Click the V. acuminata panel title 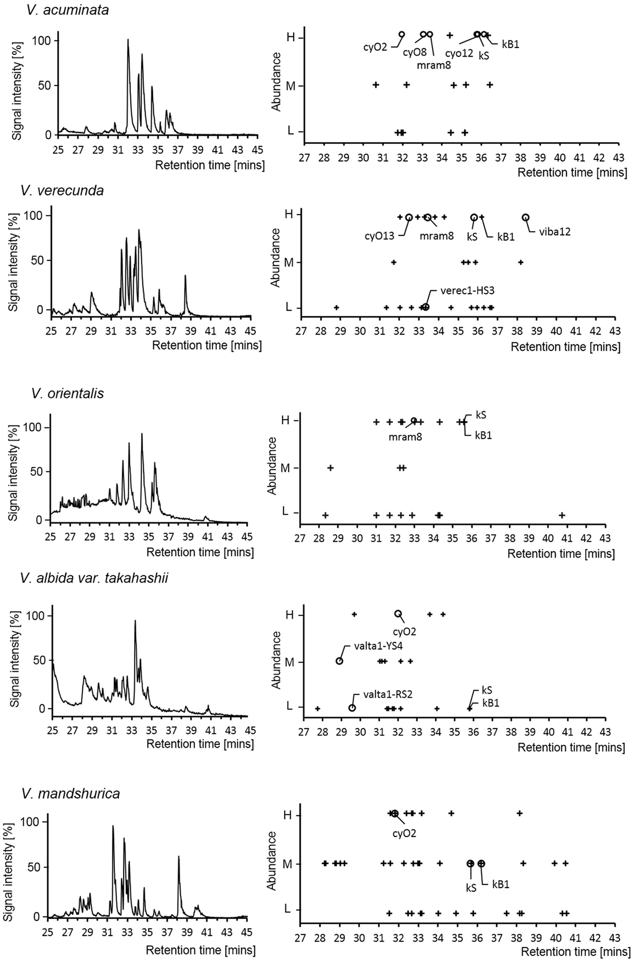[x=67, y=10]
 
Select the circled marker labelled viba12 [x=526, y=217]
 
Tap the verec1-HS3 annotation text [x=467, y=290]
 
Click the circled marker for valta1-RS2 [x=352, y=708]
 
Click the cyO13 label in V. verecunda [x=379, y=236]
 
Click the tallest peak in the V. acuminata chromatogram [x=128, y=40]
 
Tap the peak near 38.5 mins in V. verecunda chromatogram [x=185, y=276]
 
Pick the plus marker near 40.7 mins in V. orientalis [x=562, y=515]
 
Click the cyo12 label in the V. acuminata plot [x=459, y=53]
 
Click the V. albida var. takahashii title [x=94, y=577]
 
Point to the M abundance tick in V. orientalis [x=285, y=468]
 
